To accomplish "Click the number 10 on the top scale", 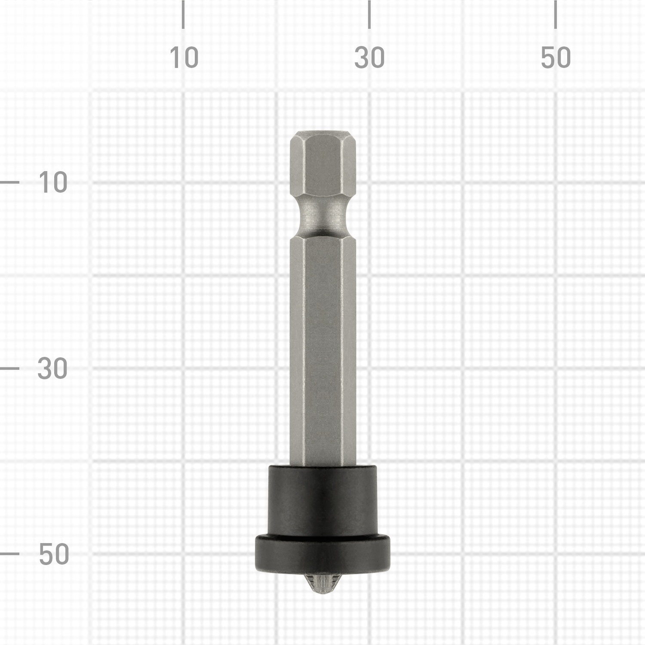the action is pyautogui.click(x=184, y=58).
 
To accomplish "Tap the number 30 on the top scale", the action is pyautogui.click(x=369, y=58).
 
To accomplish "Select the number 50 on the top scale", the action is pyautogui.click(x=556, y=58).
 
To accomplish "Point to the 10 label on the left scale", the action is pyautogui.click(x=53, y=182).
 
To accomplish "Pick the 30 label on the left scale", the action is pyautogui.click(x=52, y=369).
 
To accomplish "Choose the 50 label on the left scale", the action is pyautogui.click(x=54, y=554).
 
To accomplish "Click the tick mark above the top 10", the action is pyautogui.click(x=183, y=14).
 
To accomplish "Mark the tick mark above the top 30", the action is pyautogui.click(x=369, y=14).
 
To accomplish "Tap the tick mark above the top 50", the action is pyautogui.click(x=556, y=14).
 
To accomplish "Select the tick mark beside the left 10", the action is pyautogui.click(x=9, y=182).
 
